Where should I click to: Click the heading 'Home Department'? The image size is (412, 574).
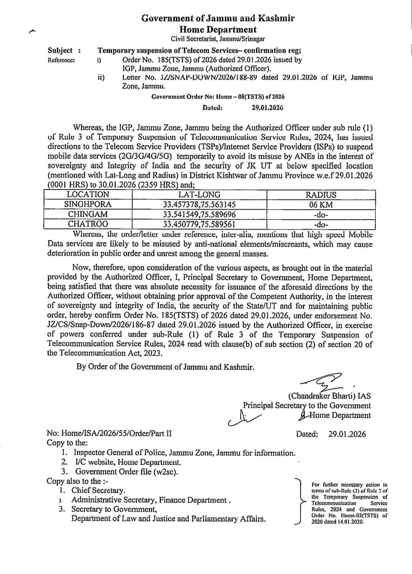pyautogui.click(x=218, y=29)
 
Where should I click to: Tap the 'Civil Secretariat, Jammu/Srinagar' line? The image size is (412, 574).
pyautogui.click(x=217, y=39)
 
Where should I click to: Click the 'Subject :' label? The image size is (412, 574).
pyautogui.click(x=64, y=50)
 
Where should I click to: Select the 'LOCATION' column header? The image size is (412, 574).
pyautogui.click(x=88, y=194)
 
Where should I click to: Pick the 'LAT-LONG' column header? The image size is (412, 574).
pyautogui.click(x=199, y=195)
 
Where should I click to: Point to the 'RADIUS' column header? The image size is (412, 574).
pyautogui.click(x=321, y=195)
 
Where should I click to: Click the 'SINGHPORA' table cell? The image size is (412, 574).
pyautogui.click(x=88, y=204)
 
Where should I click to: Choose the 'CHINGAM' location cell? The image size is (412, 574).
pyautogui.click(x=88, y=214)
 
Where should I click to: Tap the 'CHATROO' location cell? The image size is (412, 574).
pyautogui.click(x=88, y=224)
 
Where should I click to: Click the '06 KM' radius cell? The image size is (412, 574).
pyautogui.click(x=321, y=205)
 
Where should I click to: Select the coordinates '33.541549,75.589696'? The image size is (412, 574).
pyautogui.click(x=199, y=214)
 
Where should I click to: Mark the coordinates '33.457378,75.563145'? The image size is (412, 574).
pyautogui.click(x=199, y=205)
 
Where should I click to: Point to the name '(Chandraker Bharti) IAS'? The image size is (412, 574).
pyautogui.click(x=329, y=396)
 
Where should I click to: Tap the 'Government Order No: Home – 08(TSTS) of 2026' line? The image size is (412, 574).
pyautogui.click(x=218, y=97)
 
